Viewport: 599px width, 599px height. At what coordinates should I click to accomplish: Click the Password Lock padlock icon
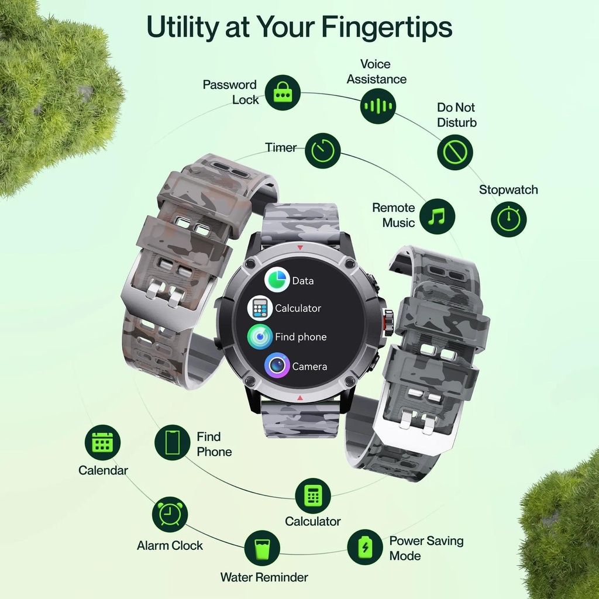click(283, 93)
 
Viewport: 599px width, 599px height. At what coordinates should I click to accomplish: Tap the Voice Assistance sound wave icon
click(378, 106)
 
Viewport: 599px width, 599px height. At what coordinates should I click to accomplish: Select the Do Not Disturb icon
click(455, 153)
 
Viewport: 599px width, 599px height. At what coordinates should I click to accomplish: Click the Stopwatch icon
click(508, 219)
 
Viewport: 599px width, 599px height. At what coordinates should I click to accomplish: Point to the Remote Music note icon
click(437, 216)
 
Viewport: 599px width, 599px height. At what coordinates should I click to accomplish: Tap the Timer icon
click(323, 150)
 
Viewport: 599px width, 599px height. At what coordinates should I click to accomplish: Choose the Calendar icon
click(102, 442)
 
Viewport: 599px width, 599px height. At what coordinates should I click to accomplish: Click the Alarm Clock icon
click(170, 514)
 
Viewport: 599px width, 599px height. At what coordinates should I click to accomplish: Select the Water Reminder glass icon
click(262, 548)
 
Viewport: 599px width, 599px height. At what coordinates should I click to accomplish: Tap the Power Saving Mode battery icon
click(365, 547)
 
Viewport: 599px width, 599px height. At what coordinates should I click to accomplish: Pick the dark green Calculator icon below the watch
click(313, 496)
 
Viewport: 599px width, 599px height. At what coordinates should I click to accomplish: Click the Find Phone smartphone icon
click(173, 442)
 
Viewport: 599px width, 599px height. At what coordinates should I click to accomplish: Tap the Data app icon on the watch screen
click(277, 280)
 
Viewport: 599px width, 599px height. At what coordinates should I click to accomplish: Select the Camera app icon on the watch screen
click(277, 365)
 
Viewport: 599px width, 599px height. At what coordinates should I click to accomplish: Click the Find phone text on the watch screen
click(301, 336)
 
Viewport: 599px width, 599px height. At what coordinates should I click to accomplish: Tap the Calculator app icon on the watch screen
click(260, 308)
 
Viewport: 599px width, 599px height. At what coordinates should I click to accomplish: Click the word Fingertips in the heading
click(387, 28)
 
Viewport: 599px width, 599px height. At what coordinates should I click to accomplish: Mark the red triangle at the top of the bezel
click(300, 247)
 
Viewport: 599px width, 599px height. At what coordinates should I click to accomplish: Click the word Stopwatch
click(508, 190)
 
